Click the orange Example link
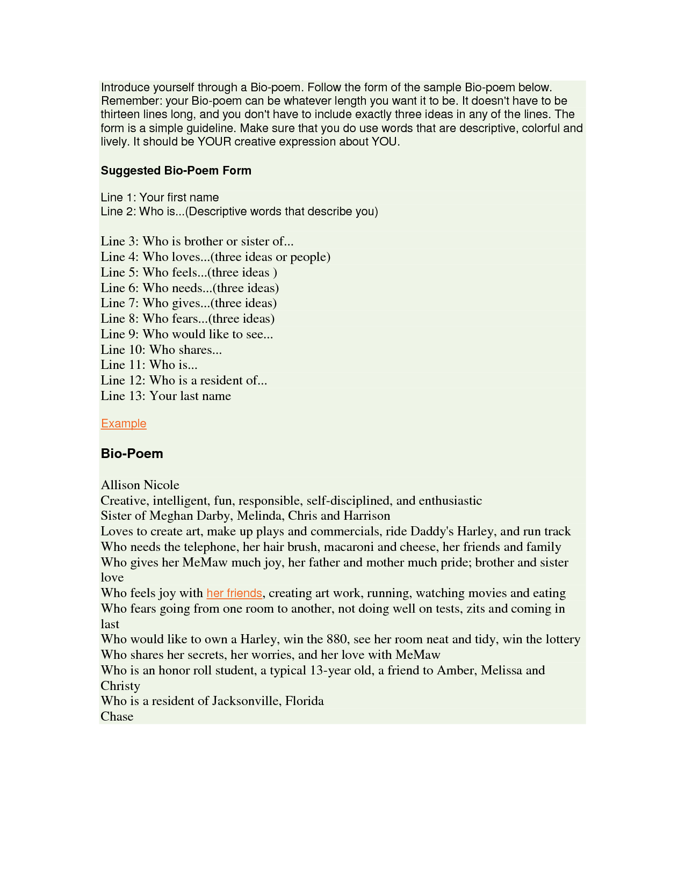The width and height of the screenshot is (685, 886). click(x=123, y=424)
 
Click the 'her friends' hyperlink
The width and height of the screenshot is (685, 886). click(x=234, y=593)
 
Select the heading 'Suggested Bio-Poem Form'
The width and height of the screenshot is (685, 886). click(x=176, y=171)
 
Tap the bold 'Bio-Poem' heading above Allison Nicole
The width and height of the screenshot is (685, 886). click(x=132, y=454)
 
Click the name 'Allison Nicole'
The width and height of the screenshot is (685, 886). click(x=140, y=485)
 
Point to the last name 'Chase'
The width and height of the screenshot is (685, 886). click(x=117, y=717)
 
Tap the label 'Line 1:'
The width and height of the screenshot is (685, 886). click(x=118, y=198)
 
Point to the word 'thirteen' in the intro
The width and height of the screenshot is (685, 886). click(x=120, y=114)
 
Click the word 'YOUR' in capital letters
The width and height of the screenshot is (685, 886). click(x=214, y=142)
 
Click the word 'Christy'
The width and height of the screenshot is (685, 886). click(x=120, y=686)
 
